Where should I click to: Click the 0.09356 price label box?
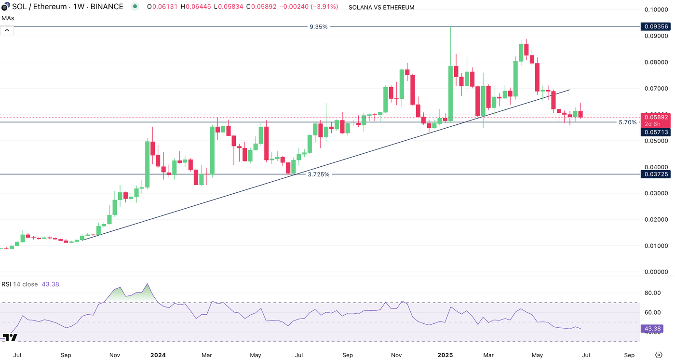click(654, 27)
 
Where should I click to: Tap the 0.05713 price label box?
click(654, 132)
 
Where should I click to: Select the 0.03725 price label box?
click(654, 174)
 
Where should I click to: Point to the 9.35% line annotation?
click(318, 27)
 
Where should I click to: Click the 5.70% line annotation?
click(627, 122)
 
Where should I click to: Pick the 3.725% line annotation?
click(318, 174)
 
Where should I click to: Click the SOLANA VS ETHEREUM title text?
click(381, 7)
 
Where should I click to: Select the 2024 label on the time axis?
click(158, 355)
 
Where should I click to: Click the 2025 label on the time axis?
click(445, 355)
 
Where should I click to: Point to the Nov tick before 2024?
click(115, 355)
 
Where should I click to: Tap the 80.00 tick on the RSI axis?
click(652, 293)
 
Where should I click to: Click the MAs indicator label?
click(7, 18)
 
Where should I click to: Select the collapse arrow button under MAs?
click(7, 30)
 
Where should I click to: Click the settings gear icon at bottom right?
click(659, 355)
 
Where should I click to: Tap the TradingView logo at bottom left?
click(10, 337)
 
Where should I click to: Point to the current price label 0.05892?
click(654, 117)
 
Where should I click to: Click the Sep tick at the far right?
click(629, 355)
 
